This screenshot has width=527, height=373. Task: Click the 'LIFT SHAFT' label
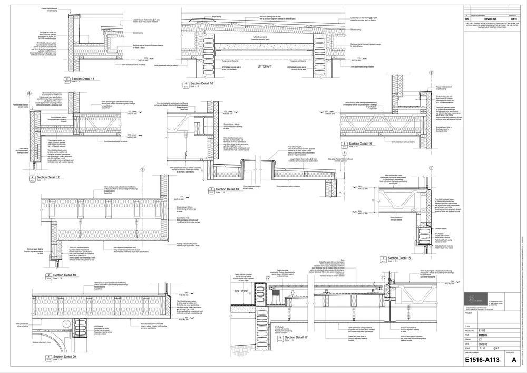[267, 67]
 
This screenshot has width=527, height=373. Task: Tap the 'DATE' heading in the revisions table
[514, 18]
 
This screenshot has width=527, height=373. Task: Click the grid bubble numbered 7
[142, 170]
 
